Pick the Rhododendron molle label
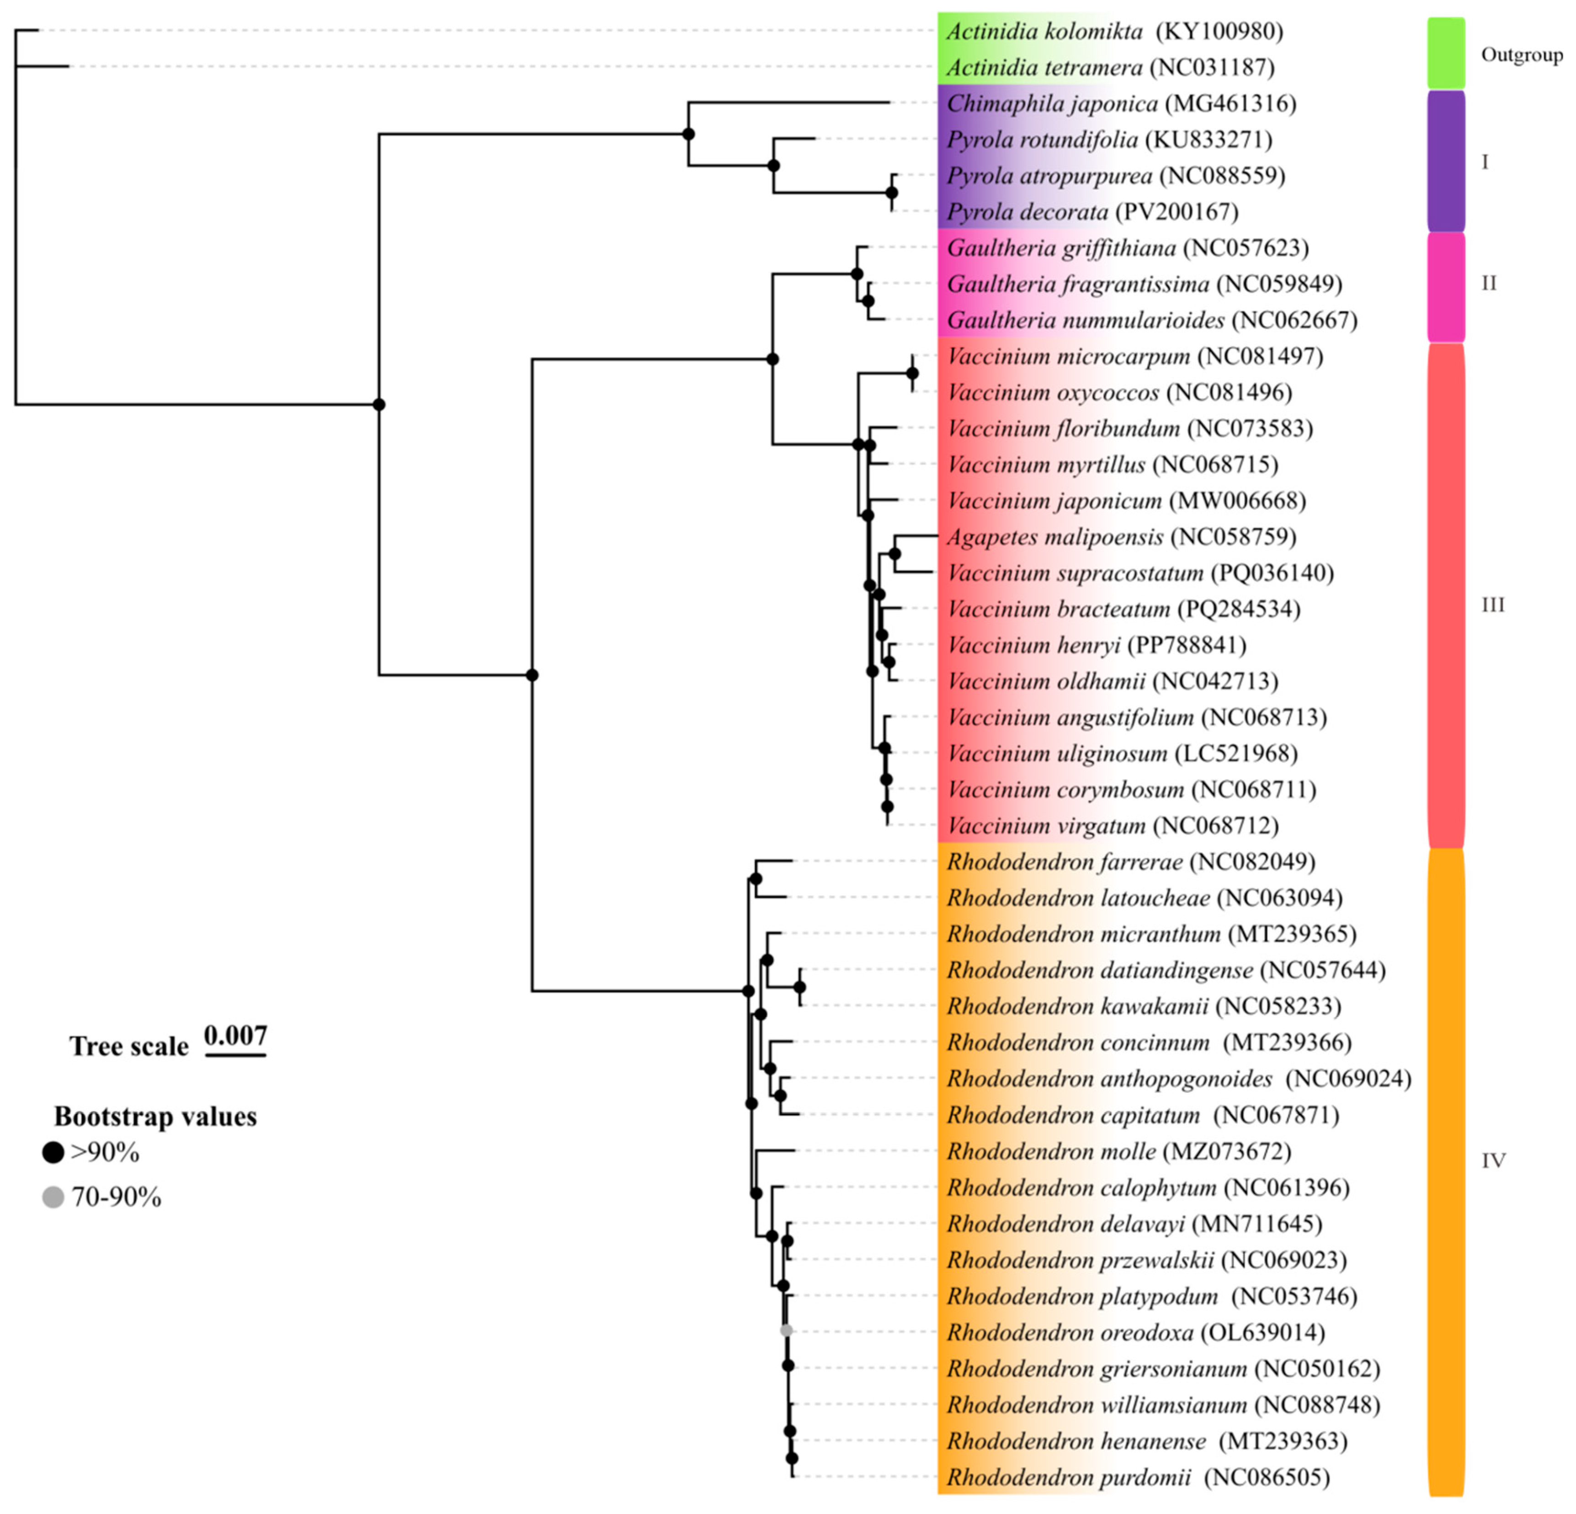click(x=1051, y=1152)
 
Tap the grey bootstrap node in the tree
click(x=786, y=1331)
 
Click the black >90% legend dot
click(x=53, y=1153)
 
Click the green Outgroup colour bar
click(x=1446, y=53)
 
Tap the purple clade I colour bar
click(x=1446, y=161)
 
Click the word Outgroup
click(x=1521, y=55)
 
